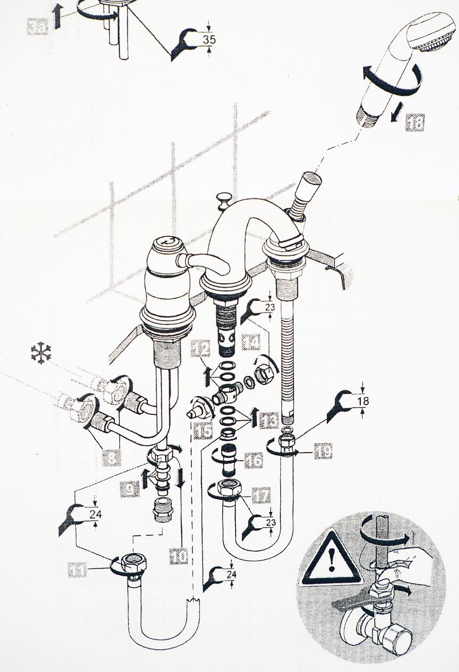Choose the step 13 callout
pyautogui.click(x=269, y=421)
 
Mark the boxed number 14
pyautogui.click(x=251, y=341)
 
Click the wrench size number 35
pyautogui.click(x=210, y=39)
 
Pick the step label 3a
pyautogui.click(x=38, y=26)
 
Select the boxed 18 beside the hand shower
pyautogui.click(x=415, y=123)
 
